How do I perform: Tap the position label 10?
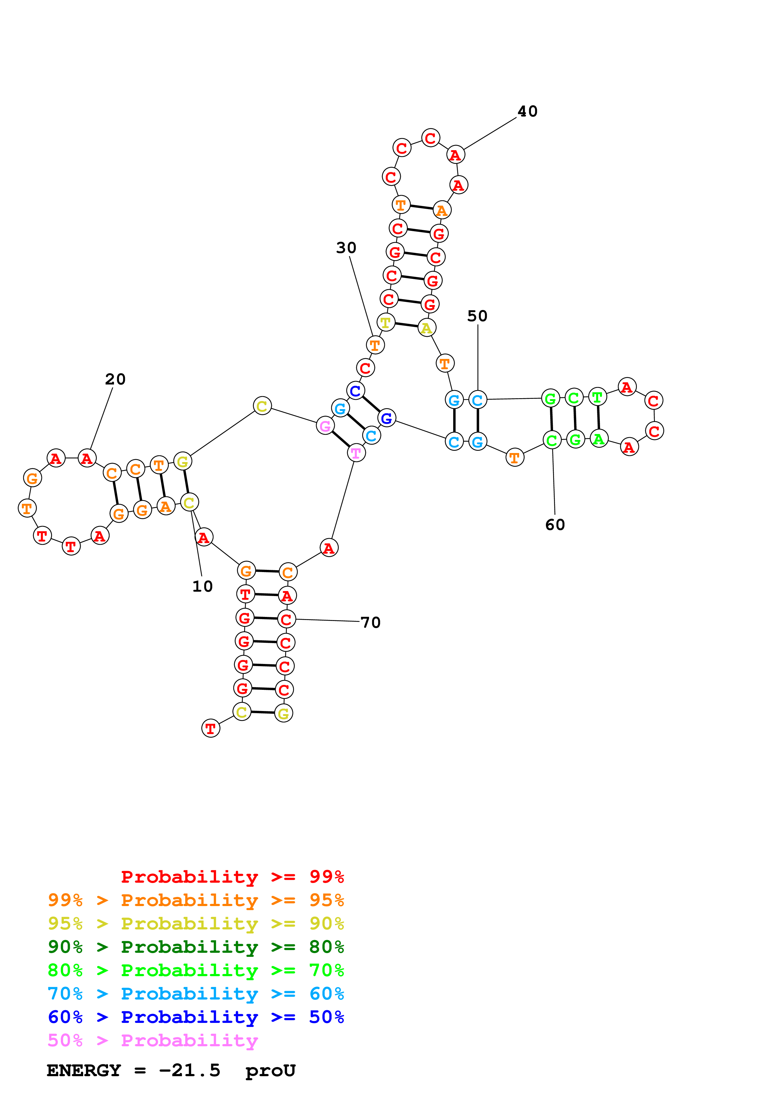point(202,586)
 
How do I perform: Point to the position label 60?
point(555,525)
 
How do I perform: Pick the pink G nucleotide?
point(325,426)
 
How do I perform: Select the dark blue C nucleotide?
point(355,391)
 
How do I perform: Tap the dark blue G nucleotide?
point(387,418)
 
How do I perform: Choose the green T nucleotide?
point(597,397)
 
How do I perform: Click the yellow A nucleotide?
point(427,328)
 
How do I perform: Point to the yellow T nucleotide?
point(386,322)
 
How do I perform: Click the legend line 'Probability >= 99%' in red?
point(232,877)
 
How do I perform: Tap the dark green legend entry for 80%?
point(196,947)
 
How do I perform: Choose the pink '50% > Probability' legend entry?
point(153,1041)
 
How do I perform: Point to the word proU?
point(270,1071)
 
